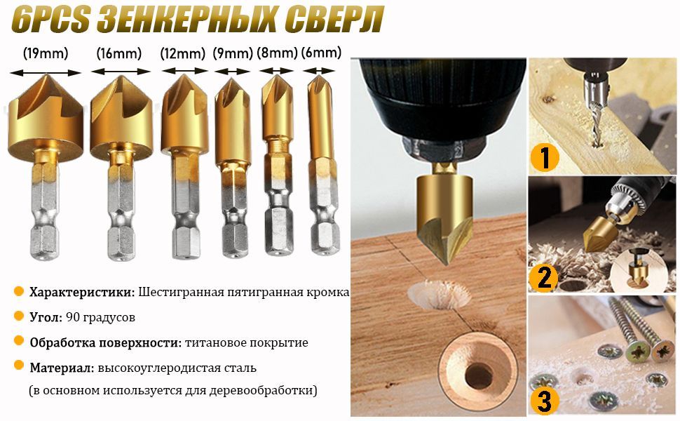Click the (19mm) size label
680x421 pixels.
click(46, 54)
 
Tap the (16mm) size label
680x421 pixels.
click(119, 54)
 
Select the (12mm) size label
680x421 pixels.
click(182, 54)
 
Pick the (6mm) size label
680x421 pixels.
click(321, 53)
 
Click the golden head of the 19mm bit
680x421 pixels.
click(46, 117)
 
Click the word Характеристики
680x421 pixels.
click(82, 292)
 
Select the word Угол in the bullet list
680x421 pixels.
click(46, 317)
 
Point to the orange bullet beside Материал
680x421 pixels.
click(18, 365)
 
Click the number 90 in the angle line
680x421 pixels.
click(72, 317)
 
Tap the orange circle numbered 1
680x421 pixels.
click(545, 157)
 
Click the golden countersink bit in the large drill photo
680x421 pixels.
click(444, 213)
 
